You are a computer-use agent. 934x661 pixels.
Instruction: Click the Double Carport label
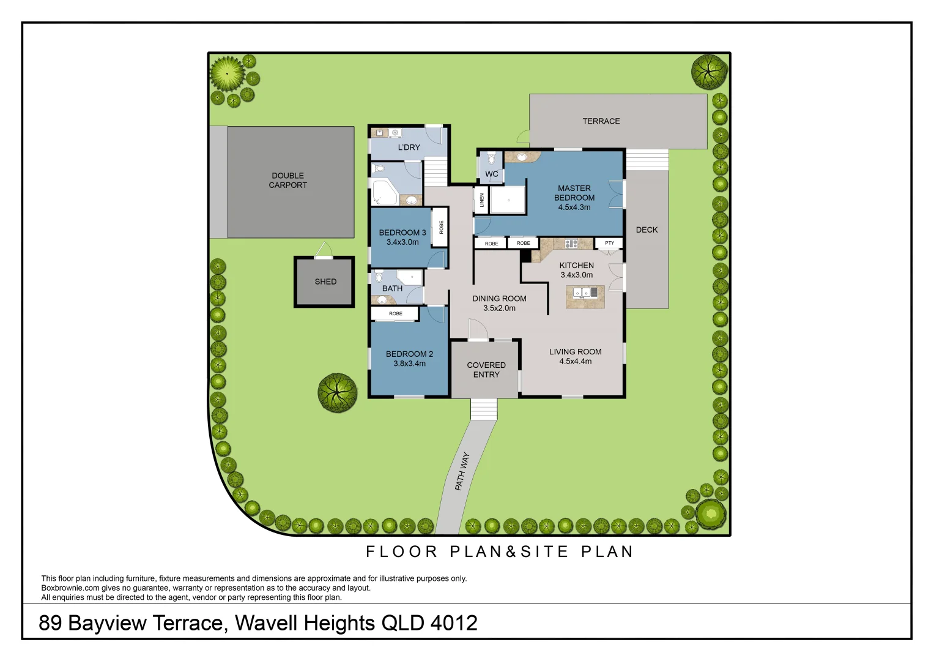287,181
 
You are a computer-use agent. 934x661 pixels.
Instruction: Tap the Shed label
325,282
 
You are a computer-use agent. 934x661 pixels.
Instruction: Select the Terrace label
601,121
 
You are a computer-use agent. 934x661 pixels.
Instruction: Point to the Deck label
647,230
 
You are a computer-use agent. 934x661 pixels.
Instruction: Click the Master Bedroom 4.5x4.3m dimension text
574,207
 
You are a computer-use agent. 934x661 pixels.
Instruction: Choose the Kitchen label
576,266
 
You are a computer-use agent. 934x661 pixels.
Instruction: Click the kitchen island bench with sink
585,296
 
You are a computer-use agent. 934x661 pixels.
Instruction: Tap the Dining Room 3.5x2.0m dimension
499,308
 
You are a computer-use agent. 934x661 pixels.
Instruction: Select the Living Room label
575,352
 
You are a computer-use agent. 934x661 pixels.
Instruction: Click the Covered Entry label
486,370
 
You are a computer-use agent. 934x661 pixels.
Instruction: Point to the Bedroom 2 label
409,354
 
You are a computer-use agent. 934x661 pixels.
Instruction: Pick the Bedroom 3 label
402,233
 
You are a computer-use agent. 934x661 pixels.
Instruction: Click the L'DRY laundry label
409,148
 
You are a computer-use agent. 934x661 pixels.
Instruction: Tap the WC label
491,174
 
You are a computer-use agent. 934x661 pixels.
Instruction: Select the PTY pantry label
609,244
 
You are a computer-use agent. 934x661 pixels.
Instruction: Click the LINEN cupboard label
482,200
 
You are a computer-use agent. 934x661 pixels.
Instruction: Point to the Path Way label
462,471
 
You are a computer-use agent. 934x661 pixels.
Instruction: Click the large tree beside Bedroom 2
337,392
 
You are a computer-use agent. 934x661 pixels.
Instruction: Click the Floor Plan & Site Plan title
499,551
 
